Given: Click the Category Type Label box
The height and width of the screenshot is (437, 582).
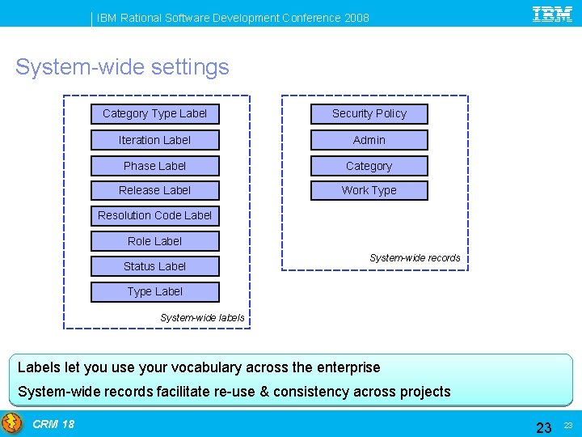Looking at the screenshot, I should (x=154, y=114).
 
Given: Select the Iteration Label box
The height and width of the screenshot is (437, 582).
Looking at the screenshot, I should (x=154, y=140).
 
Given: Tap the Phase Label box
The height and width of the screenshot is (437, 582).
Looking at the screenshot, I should (x=154, y=166).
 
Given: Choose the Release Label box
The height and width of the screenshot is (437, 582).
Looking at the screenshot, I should (x=154, y=190).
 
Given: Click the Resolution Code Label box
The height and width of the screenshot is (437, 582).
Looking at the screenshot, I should (x=154, y=215).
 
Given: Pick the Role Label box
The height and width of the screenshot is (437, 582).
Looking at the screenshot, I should (x=154, y=241).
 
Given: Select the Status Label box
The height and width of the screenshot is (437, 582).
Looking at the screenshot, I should (x=154, y=266).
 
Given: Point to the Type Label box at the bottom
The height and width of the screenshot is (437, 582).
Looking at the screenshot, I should (x=154, y=291).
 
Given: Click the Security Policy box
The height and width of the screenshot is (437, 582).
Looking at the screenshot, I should (x=369, y=114).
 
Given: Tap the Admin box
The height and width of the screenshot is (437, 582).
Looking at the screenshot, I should (x=369, y=140).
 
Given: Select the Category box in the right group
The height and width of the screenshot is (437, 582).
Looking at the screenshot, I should (x=369, y=166).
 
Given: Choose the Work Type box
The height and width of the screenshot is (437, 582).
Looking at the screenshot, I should (x=369, y=190).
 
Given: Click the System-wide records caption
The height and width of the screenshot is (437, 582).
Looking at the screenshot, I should (x=415, y=258).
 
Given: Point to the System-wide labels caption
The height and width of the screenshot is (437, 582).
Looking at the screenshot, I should (x=202, y=318).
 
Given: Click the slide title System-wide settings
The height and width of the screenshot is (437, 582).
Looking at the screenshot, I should (x=122, y=66).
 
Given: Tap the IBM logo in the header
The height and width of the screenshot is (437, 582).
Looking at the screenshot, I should (x=552, y=15).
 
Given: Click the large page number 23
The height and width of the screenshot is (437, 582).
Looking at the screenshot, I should (x=544, y=426).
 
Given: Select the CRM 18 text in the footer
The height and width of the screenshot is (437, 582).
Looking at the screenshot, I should (x=53, y=424).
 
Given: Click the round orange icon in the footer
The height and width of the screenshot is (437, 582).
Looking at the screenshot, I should (x=12, y=423).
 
